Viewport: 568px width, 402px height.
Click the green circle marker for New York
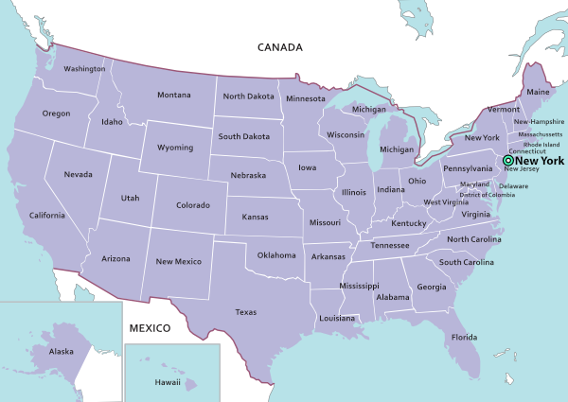[507, 161]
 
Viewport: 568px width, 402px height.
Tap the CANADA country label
[280, 46]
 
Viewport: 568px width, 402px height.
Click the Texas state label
[246, 311]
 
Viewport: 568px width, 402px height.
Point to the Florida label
[464, 338]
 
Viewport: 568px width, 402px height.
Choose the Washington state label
[84, 69]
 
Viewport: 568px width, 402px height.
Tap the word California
[46, 216]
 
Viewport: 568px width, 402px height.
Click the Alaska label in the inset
[62, 352]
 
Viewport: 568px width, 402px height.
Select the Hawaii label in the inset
[167, 382]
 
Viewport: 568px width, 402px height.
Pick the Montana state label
[174, 95]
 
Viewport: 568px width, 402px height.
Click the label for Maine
[538, 93]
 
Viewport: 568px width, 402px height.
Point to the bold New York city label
[541, 161]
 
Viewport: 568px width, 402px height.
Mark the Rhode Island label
[541, 144]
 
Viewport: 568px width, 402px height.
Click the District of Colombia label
[487, 195]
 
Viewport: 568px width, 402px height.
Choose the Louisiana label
[336, 319]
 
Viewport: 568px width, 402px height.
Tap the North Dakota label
[249, 96]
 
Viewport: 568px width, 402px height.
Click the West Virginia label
[445, 202]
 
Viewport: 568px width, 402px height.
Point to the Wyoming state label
[175, 148]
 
